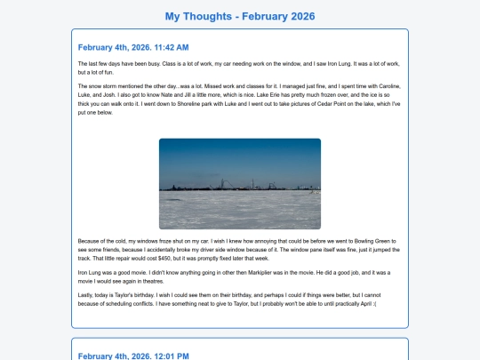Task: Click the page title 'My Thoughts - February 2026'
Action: click(x=240, y=16)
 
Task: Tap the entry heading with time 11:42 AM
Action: click(x=133, y=47)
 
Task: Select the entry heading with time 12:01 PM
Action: click(x=133, y=356)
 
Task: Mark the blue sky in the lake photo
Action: click(x=239, y=156)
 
